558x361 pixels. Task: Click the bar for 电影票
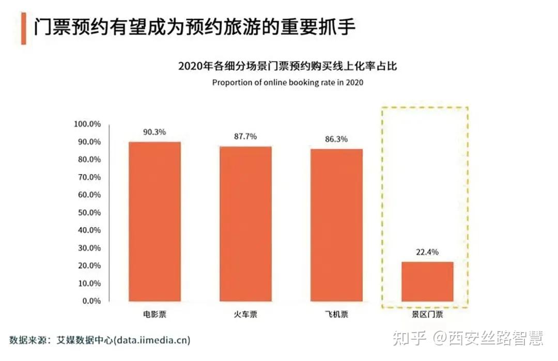coord(154,222)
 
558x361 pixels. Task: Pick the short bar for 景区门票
coord(427,281)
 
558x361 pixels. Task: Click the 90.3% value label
coord(154,132)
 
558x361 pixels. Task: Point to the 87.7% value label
coord(245,137)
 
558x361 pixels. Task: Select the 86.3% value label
coord(336,139)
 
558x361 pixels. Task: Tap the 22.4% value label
coord(427,252)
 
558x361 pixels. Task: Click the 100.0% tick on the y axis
coord(87,124)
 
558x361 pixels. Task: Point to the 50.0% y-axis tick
coord(89,213)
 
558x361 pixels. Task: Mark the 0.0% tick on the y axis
coord(91,301)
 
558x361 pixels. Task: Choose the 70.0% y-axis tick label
coord(89,177)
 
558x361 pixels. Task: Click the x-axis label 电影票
coord(154,314)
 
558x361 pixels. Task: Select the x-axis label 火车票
coord(245,314)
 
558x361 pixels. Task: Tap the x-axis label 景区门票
coord(427,314)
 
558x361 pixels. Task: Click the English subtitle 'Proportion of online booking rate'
coord(288,83)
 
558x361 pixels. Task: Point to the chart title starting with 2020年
coord(288,66)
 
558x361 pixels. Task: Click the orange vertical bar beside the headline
coord(23,29)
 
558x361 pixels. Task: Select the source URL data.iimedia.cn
coord(153,340)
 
